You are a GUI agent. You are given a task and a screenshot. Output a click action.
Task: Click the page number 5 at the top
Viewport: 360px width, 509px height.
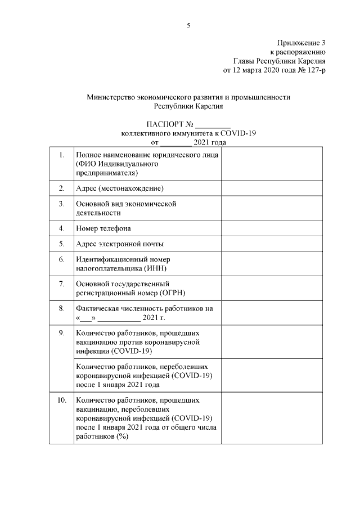click(189, 25)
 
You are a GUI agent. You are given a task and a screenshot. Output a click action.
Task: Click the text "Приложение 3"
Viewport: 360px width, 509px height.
click(301, 43)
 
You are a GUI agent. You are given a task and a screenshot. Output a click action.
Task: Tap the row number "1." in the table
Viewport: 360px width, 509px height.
click(61, 154)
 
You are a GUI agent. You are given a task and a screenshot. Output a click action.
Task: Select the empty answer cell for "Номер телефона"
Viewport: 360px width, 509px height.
click(272, 228)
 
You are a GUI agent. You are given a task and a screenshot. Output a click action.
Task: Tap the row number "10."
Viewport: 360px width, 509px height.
click(61, 400)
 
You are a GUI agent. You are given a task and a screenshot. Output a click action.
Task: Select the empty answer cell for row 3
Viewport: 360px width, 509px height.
click(272, 208)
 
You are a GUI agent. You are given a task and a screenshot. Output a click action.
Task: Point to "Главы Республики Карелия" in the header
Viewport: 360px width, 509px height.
click(280, 61)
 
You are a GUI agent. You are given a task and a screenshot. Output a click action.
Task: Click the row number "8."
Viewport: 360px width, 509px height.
click(61, 309)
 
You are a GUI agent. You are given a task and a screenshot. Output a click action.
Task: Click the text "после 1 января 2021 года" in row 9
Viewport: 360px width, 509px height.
click(118, 385)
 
